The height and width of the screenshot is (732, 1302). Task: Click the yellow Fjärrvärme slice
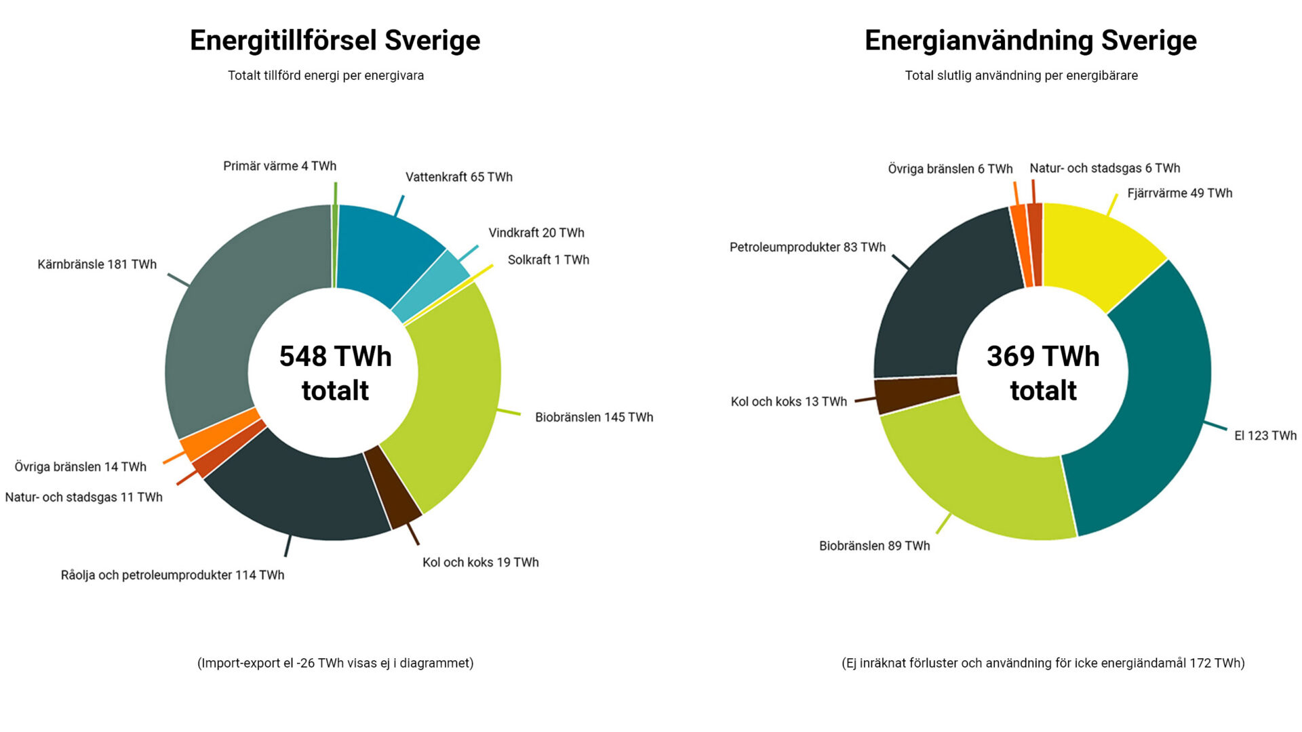pyautogui.click(x=1099, y=254)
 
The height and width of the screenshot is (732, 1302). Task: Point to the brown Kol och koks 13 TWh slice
pyautogui.click(x=915, y=395)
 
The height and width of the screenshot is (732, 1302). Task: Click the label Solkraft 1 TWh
pyautogui.click(x=548, y=260)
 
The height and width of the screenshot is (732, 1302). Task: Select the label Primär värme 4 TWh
pyautogui.click(x=279, y=166)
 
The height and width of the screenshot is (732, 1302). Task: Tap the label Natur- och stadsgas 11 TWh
pyautogui.click(x=83, y=497)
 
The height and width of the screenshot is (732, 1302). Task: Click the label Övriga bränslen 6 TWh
pyautogui.click(x=950, y=169)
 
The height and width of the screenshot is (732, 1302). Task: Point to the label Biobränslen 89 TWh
pyautogui.click(x=874, y=546)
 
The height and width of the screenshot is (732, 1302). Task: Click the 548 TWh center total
pyautogui.click(x=335, y=373)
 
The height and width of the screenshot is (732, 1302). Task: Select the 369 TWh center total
pyautogui.click(x=1043, y=373)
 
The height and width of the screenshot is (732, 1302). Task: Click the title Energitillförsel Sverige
pyautogui.click(x=335, y=41)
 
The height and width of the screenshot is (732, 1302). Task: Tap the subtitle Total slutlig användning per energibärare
pyautogui.click(x=1021, y=76)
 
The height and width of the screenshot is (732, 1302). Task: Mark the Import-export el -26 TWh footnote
pyautogui.click(x=335, y=664)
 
